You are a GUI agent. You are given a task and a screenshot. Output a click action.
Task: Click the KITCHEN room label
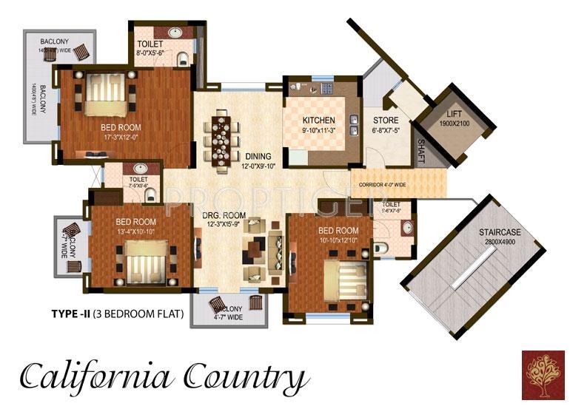pyautogui.click(x=319, y=120)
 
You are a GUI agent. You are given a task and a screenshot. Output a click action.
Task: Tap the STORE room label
pyautogui.click(x=385, y=121)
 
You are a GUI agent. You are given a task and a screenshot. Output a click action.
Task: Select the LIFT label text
pyautogui.click(x=453, y=115)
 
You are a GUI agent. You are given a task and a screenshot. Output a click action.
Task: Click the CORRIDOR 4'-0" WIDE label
pyautogui.click(x=383, y=185)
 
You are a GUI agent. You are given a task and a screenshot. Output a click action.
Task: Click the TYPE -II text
pyautogui.click(x=70, y=314)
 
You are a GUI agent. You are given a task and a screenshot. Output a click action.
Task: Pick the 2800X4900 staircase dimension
pyautogui.click(x=500, y=242)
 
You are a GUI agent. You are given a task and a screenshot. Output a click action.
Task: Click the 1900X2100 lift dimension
pyautogui.click(x=453, y=124)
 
